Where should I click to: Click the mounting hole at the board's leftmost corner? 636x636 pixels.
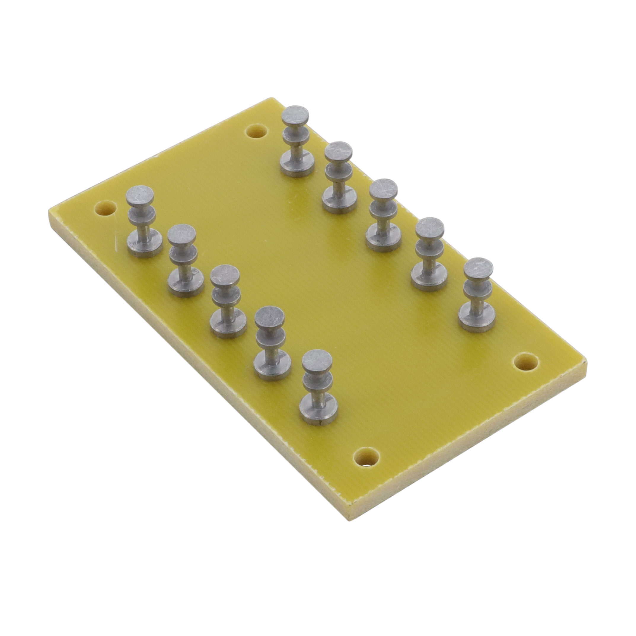[x=105, y=208]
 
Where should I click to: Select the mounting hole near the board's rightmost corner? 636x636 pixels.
[x=526, y=362]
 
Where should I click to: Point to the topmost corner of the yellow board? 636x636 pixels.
[x=271, y=98]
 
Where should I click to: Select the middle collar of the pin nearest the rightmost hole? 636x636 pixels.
[x=478, y=289]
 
